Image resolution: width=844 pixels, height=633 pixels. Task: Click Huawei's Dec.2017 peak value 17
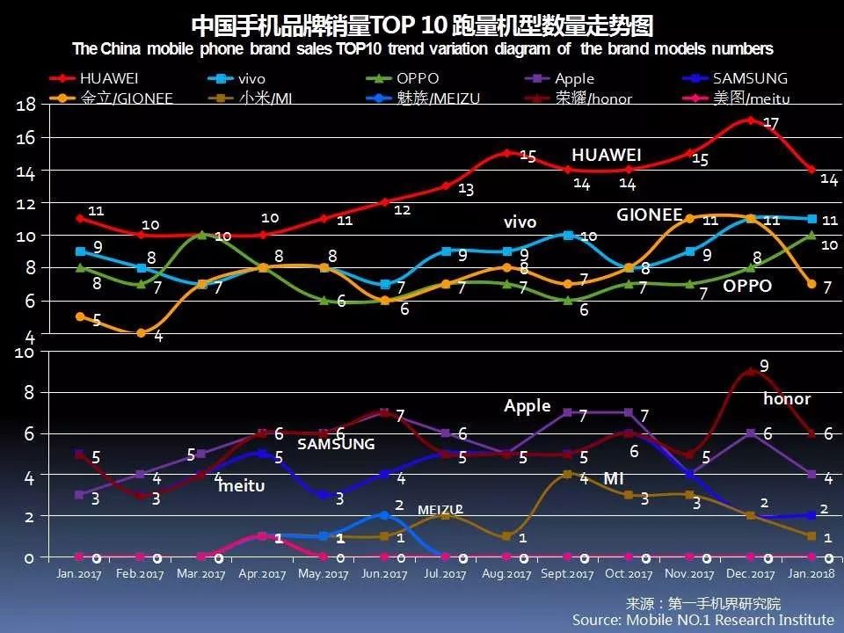tap(771, 124)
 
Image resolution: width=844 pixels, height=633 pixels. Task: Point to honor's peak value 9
tap(764, 366)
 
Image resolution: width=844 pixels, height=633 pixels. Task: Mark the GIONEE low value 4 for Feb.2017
tap(158, 337)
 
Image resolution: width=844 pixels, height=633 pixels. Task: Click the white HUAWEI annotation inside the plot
tap(606, 155)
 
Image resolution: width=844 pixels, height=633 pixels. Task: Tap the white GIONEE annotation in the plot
tap(649, 215)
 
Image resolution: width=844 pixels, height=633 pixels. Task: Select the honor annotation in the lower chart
tap(787, 399)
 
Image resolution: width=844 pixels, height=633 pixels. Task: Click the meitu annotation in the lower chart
tap(241, 485)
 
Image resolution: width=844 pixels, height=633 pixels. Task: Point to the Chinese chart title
tap(421, 24)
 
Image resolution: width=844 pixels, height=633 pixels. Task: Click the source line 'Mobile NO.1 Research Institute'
tap(702, 619)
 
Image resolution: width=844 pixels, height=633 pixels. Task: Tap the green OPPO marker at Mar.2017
tap(202, 235)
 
